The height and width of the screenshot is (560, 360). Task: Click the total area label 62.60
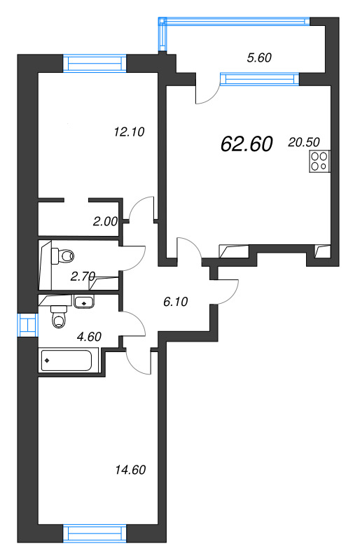click(x=247, y=144)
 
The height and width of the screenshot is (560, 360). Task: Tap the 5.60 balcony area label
click(x=259, y=57)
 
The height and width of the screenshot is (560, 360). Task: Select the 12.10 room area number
click(x=129, y=132)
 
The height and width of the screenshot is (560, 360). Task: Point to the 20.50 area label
click(x=304, y=142)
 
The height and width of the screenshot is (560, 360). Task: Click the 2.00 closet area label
click(x=105, y=222)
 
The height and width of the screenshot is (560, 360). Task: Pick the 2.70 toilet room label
click(x=83, y=276)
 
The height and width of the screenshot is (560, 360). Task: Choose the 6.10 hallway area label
click(x=176, y=302)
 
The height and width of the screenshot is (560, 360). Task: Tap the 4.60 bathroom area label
click(x=89, y=337)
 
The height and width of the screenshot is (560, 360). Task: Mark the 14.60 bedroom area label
click(x=130, y=470)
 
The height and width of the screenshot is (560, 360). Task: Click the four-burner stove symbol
click(x=319, y=162)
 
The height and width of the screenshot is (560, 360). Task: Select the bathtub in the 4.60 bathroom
click(x=67, y=360)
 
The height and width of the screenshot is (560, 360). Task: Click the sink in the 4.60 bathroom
click(x=84, y=302)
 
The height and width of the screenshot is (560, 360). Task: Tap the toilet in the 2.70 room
click(x=62, y=255)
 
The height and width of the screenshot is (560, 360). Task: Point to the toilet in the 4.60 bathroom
click(x=59, y=317)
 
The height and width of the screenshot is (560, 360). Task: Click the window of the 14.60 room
click(x=95, y=533)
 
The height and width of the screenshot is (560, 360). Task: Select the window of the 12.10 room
click(x=95, y=64)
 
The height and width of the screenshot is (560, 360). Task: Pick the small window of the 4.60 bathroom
click(x=27, y=325)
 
